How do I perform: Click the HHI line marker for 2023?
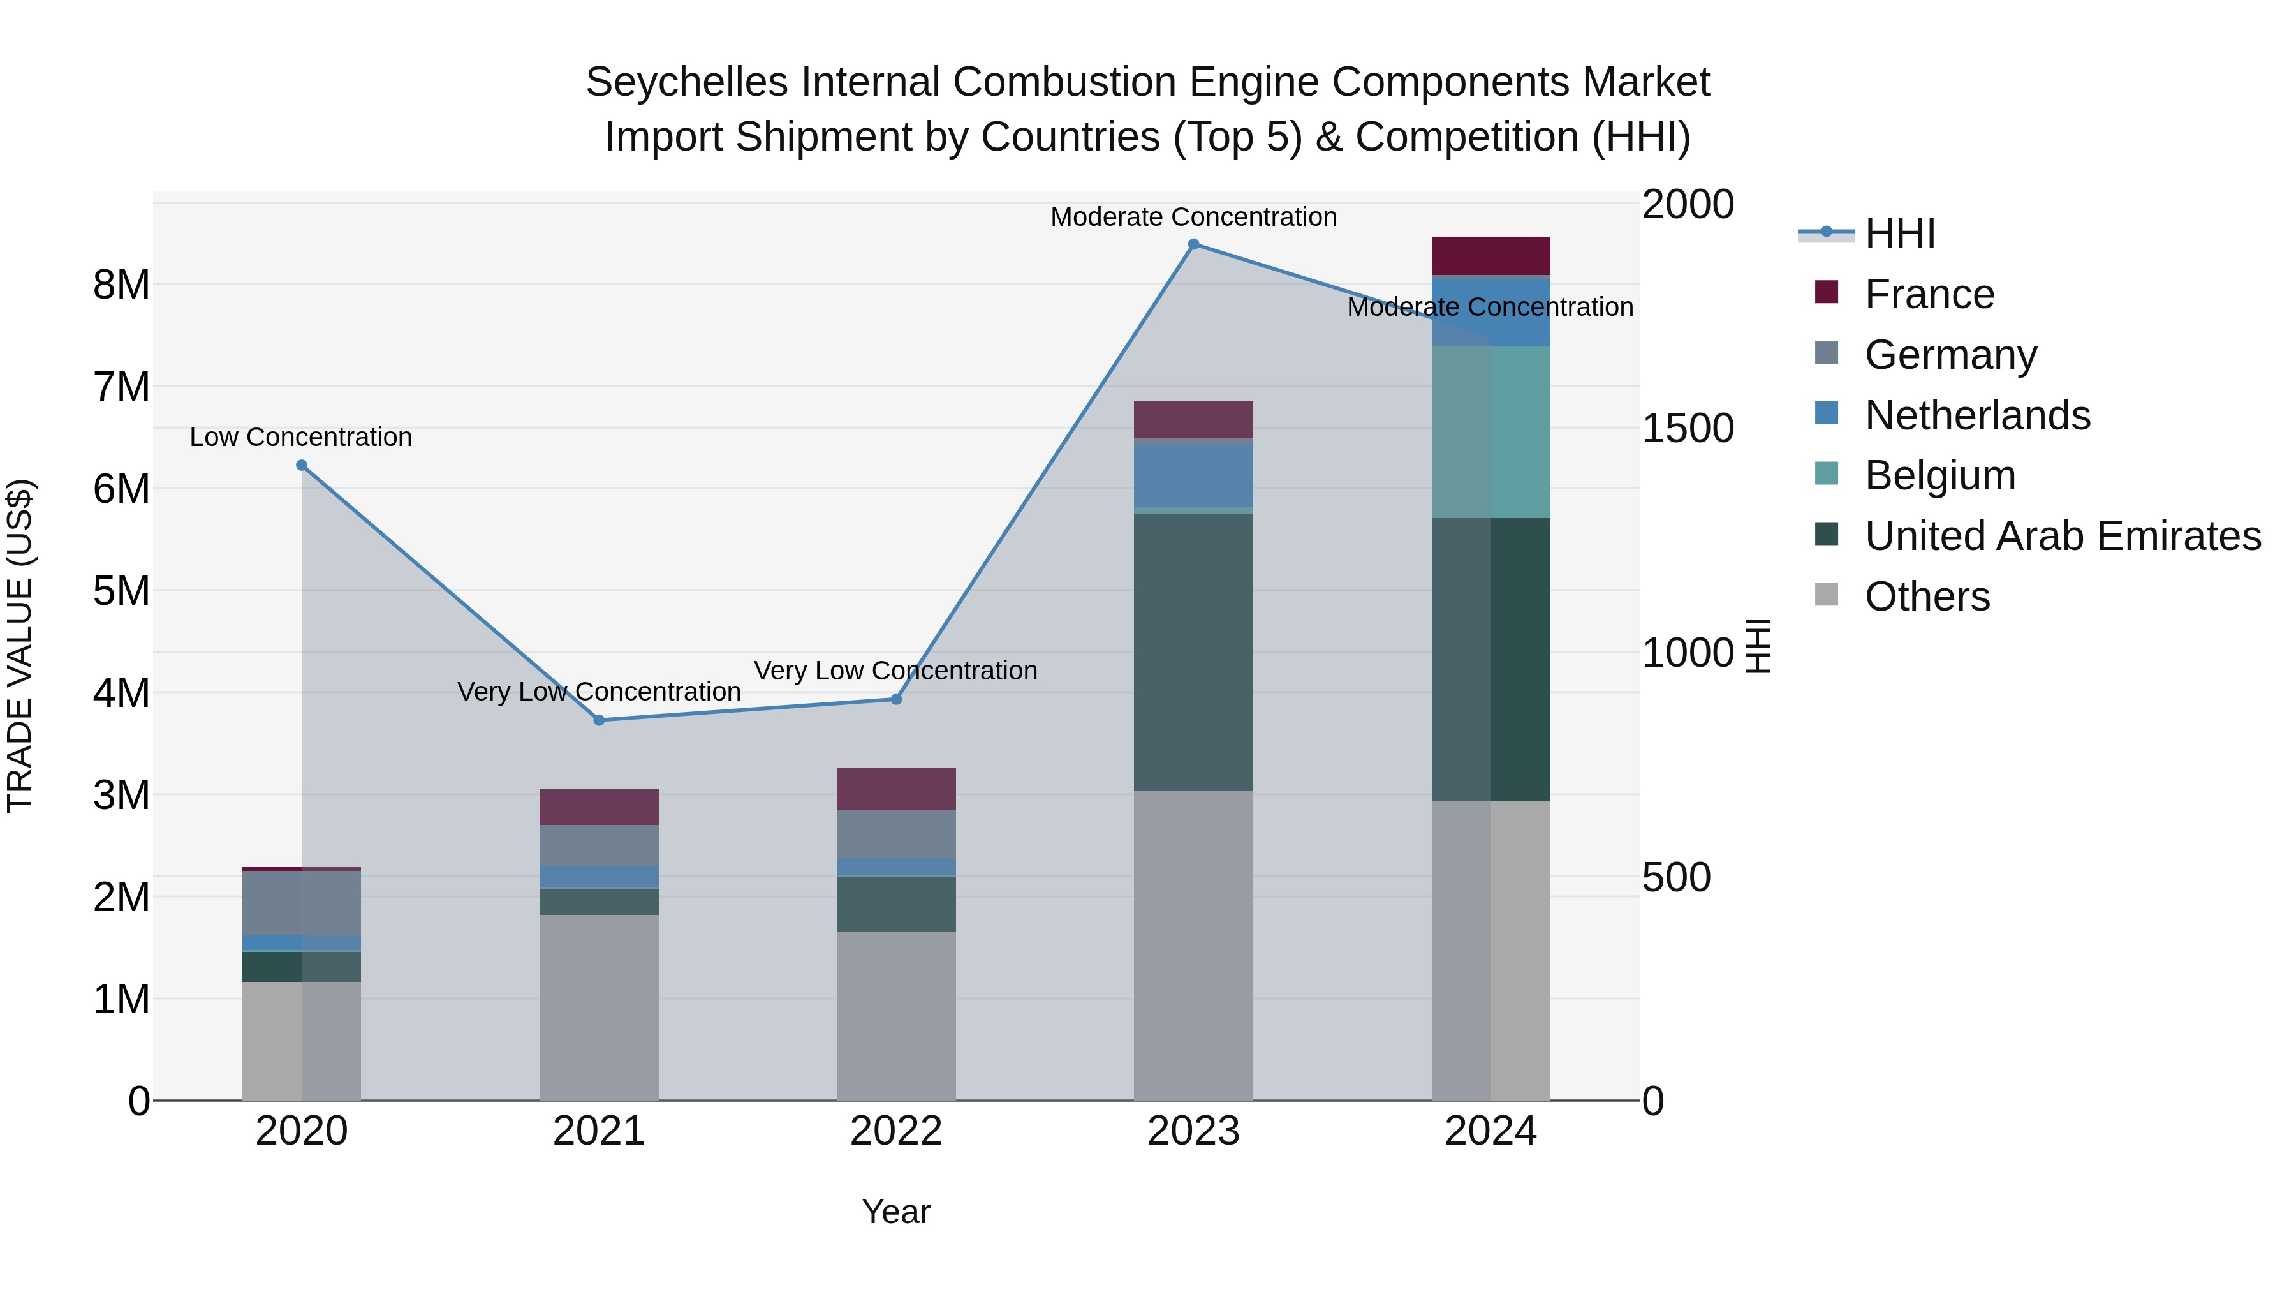(x=1193, y=244)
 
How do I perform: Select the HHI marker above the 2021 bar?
(x=599, y=720)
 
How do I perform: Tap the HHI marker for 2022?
(x=897, y=699)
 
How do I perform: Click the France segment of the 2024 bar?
(x=1490, y=255)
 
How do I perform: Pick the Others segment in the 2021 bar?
(x=599, y=1007)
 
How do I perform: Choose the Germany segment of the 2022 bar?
(x=897, y=835)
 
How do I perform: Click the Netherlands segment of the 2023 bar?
(x=1193, y=475)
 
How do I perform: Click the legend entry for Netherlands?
(x=1977, y=415)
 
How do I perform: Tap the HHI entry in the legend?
(x=1899, y=234)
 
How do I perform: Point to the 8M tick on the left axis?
(x=121, y=285)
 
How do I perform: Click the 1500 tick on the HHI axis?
(x=1687, y=428)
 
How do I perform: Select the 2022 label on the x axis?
(x=897, y=1131)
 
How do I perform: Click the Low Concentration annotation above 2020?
(x=301, y=437)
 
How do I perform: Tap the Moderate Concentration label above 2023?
(x=1193, y=217)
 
